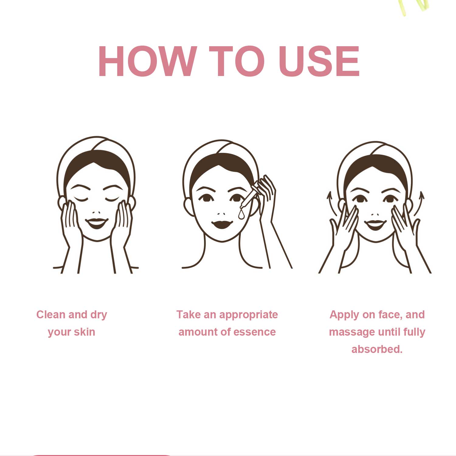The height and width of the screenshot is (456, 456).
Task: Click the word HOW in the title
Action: (x=147, y=61)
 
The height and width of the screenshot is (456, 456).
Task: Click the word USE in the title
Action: (x=319, y=61)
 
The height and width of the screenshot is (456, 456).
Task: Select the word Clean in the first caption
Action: (x=51, y=314)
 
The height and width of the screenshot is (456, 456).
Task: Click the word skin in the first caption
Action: (x=84, y=332)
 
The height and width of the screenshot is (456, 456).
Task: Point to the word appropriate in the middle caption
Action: (x=248, y=315)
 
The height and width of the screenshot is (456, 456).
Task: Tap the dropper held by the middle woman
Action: (x=249, y=198)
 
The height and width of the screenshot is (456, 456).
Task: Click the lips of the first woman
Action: (x=96, y=223)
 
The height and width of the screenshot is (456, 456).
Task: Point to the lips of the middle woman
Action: (x=222, y=225)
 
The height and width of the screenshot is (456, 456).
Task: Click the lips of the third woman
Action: (x=375, y=225)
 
